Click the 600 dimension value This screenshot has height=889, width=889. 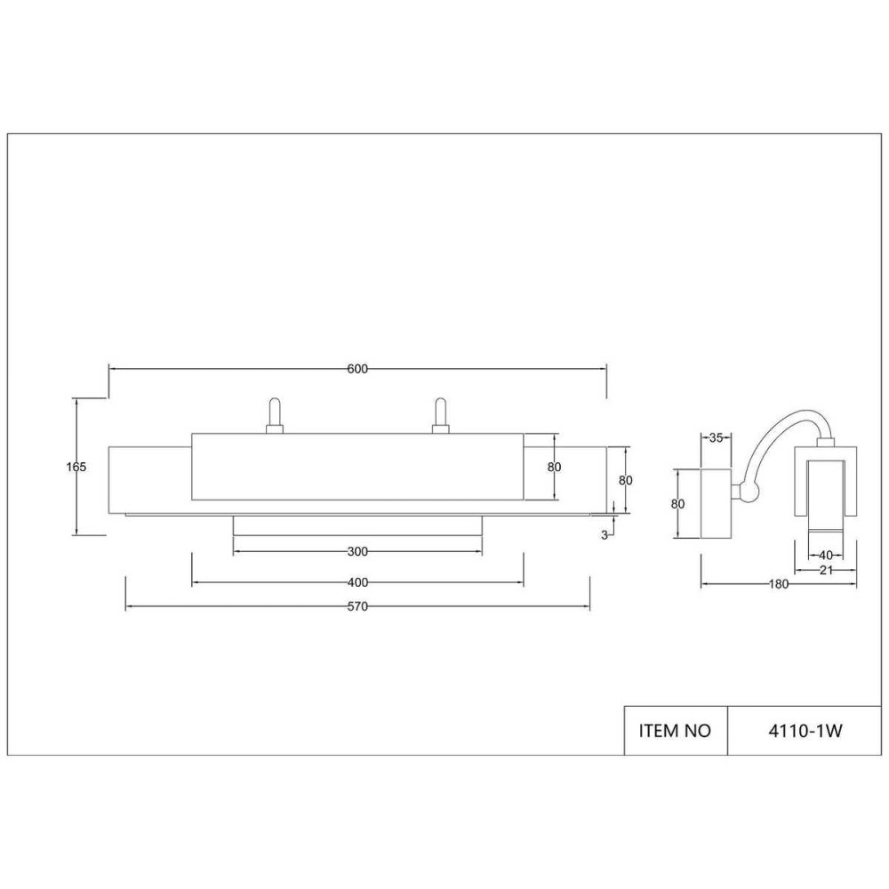pos(357,369)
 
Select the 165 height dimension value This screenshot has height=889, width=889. pos(76,468)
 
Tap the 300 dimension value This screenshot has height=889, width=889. pos(357,552)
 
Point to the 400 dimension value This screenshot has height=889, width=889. pos(357,583)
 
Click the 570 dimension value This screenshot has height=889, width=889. pos(357,606)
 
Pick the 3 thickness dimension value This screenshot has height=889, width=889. pos(605,535)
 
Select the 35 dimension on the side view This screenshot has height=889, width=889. pos(716,437)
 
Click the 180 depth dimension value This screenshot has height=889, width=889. pos(779,584)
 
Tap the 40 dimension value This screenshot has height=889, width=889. pos(826,556)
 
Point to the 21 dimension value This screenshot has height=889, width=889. pos(826,571)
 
